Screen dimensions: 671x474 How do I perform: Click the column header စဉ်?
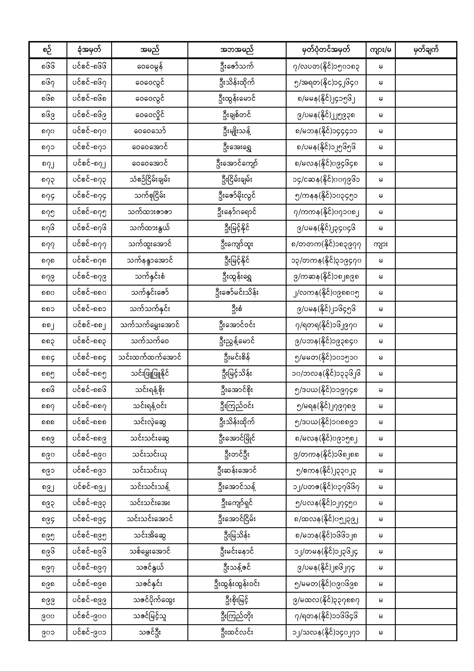48,50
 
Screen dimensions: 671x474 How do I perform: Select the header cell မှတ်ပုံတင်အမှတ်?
326,50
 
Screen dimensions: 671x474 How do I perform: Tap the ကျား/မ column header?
380,50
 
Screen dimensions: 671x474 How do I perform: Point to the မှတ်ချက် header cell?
426,50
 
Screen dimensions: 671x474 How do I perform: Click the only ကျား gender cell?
380,245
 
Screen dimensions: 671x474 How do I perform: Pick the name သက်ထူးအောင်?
149,245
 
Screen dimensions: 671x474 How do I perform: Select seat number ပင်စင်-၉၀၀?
89,616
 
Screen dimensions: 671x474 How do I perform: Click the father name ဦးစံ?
236,309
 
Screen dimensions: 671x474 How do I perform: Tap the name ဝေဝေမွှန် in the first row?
149,67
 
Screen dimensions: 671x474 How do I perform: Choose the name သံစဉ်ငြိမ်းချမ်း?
149,180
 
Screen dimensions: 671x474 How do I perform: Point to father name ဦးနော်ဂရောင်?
236,212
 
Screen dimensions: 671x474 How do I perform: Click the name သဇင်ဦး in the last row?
149,633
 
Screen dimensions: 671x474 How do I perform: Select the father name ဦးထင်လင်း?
236,633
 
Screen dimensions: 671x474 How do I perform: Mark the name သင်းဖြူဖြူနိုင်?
149,374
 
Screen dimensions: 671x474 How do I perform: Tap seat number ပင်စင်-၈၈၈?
89,422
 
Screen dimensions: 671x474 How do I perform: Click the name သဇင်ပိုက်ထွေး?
149,600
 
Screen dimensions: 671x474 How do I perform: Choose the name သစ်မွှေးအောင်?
149,552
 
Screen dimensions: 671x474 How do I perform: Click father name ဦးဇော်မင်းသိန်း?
236,293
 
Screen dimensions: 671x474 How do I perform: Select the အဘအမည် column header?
236,50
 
